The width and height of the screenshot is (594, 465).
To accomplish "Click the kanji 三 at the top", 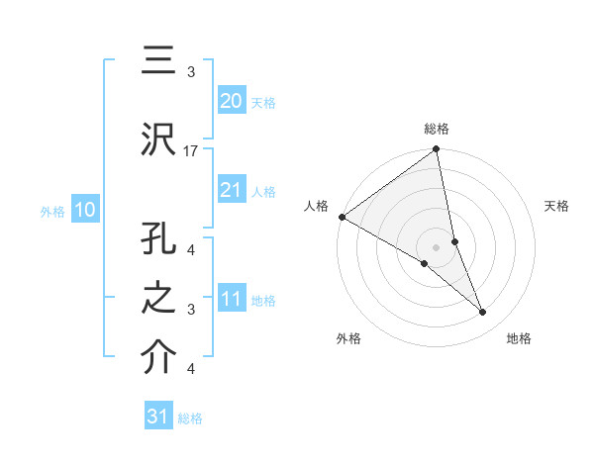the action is click(155, 62).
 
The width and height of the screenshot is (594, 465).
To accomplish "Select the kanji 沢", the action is click(155, 139).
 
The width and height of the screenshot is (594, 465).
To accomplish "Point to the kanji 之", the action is click(155, 298).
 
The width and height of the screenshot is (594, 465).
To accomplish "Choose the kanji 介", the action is click(155, 357).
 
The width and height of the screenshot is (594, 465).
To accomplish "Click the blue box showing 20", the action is click(231, 101).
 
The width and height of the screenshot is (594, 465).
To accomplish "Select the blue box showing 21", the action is click(231, 190).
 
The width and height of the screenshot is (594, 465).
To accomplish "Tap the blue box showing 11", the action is click(231, 300).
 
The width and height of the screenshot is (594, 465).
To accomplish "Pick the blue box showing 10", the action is click(84, 210).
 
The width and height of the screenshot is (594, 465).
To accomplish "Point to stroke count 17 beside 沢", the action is click(191, 150).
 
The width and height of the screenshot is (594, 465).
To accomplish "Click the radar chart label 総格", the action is click(437, 130).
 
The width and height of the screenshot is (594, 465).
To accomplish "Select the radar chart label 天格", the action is click(557, 206).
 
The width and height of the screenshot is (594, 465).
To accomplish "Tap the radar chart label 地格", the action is click(519, 338).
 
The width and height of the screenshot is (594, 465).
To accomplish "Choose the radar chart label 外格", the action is click(348, 338).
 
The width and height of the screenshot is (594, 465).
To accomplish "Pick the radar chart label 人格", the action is click(317, 206).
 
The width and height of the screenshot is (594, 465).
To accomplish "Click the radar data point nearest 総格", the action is click(437, 150).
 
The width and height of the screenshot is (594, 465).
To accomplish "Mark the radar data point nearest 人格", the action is click(342, 217).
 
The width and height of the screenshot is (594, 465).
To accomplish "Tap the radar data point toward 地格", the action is click(483, 313).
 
